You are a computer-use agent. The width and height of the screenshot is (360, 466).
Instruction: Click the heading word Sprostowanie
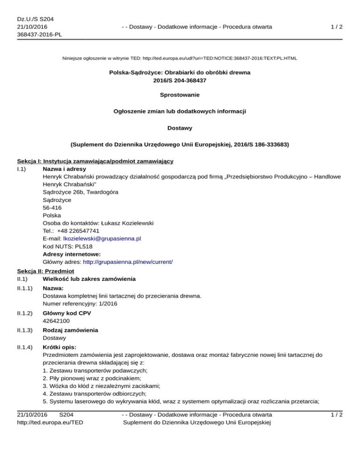(180, 95)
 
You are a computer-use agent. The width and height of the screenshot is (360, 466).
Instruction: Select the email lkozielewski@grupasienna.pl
(102, 238)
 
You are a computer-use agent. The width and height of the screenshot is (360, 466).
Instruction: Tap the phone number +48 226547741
(78, 231)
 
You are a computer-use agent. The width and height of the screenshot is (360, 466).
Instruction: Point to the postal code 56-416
(52, 207)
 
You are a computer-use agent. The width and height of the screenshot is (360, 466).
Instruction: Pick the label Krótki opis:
(59, 348)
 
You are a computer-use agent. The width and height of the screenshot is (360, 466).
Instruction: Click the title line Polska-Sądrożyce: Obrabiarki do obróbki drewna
(180, 73)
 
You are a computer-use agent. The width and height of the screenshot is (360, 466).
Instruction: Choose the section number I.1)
(22, 169)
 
